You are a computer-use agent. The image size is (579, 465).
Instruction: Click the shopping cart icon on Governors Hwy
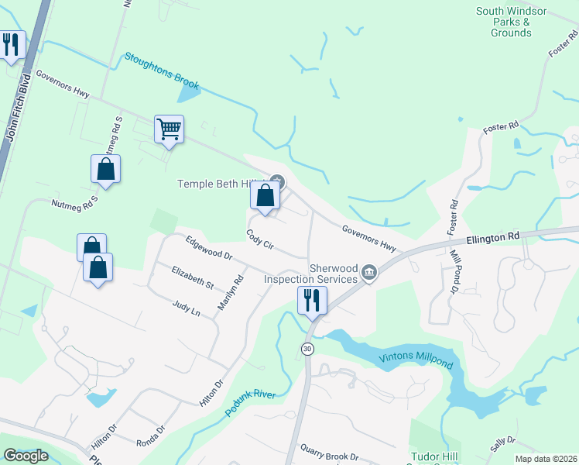(x=169, y=129)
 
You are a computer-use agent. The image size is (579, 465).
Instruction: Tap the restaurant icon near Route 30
(x=312, y=300)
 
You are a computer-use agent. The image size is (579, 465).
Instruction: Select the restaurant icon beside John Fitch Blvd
(x=11, y=45)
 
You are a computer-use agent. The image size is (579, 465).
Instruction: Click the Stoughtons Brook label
(x=162, y=71)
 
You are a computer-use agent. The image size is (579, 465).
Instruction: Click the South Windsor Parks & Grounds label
(x=511, y=22)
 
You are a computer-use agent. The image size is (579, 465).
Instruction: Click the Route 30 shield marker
(x=307, y=350)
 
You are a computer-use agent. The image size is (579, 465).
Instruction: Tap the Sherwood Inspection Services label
(x=310, y=273)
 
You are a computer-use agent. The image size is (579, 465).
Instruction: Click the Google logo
(x=26, y=456)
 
